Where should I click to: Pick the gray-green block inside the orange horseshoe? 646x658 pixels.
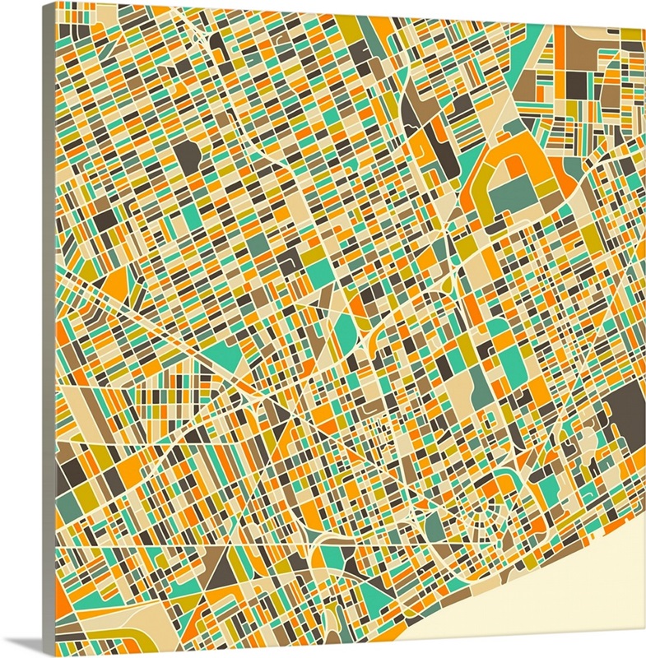515,193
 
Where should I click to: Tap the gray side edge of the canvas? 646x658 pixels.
49,329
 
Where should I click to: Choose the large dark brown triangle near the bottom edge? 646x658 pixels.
221,577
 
